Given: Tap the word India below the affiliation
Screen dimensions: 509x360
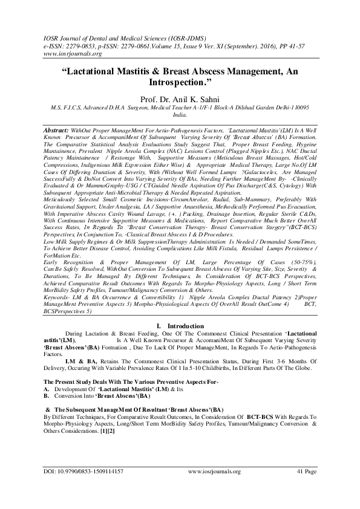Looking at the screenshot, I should tap(180, 114).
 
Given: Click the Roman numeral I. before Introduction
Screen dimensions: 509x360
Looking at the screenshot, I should tap(159, 326).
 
